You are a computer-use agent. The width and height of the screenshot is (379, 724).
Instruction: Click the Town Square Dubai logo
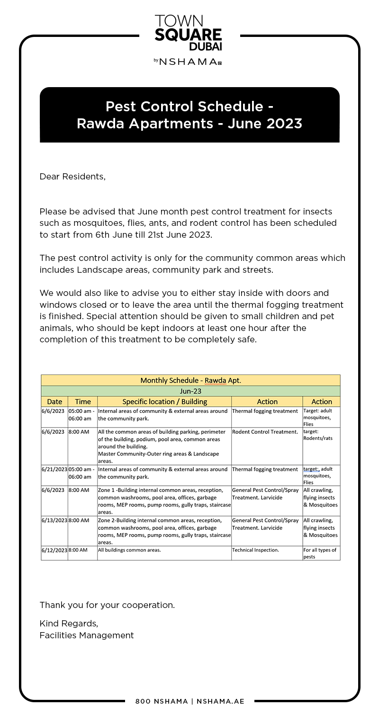click(189, 33)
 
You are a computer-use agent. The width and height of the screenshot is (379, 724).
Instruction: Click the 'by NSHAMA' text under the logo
click(188, 62)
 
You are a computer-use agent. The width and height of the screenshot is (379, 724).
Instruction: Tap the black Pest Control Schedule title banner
click(189, 115)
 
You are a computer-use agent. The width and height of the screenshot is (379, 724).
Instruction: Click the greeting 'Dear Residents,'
click(72, 177)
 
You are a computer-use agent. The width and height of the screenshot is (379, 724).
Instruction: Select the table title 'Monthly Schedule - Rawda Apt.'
click(190, 380)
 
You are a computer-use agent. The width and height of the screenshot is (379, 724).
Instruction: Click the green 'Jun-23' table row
click(190, 391)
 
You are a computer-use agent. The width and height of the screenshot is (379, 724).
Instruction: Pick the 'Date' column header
click(54, 402)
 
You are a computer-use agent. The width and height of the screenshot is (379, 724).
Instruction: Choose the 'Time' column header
click(83, 402)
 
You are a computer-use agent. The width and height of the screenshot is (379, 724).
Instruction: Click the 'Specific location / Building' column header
click(164, 402)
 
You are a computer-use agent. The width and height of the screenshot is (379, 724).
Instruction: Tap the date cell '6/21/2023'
click(54, 469)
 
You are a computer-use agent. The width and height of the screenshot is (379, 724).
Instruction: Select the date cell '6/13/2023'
click(54, 520)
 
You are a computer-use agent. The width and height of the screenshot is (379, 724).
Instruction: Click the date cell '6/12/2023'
click(54, 550)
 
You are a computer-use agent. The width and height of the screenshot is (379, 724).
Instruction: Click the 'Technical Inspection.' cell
click(255, 550)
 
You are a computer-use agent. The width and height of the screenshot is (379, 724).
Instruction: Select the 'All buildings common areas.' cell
click(129, 550)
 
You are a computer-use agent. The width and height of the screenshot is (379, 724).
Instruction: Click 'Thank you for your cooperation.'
click(107, 605)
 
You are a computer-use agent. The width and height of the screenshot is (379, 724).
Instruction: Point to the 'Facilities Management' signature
click(87, 635)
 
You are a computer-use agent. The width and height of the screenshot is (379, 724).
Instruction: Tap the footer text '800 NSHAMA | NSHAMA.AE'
click(189, 701)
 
